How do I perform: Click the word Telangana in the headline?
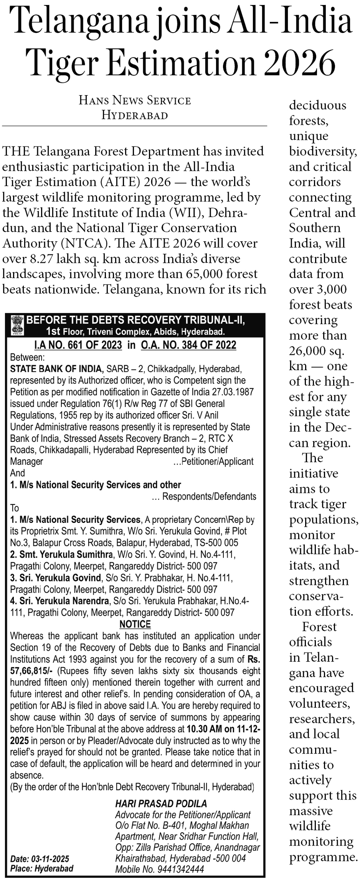(79, 22)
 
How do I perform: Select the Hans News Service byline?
(135, 101)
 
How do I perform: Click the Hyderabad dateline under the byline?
(135, 115)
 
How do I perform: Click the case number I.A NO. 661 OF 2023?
(78, 345)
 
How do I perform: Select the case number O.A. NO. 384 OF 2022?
(188, 345)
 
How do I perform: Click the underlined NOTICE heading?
(135, 624)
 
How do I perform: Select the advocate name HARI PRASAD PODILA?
(161, 803)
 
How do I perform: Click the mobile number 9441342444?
(180, 868)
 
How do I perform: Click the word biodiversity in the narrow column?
(322, 151)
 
